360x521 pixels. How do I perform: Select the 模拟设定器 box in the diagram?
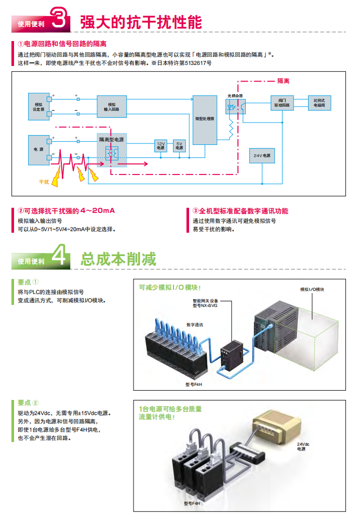pos(38,106)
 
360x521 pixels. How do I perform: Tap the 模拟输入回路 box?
pos(112,106)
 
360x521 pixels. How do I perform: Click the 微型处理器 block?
pos(205,119)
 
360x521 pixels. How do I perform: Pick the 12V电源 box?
pos(161,145)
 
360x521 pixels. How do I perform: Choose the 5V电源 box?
pos(179,145)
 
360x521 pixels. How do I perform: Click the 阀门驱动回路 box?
pos(282,102)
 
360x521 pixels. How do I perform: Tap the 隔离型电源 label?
pos(112,140)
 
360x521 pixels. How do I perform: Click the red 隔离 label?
pos(283,81)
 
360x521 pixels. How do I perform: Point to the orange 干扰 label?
pos(44,182)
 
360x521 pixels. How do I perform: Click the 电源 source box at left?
pos(38,149)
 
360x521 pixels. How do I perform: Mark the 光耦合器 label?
pos(235,96)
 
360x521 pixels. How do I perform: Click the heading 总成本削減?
pos(118,258)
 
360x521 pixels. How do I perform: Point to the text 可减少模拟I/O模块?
pos(169,287)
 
